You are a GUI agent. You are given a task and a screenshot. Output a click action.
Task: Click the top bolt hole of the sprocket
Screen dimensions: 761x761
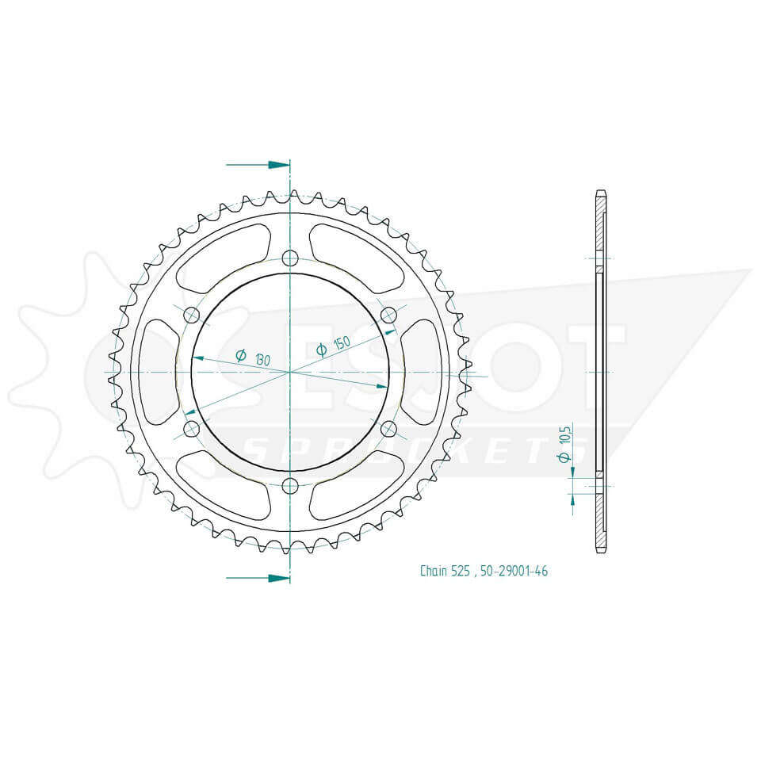290,258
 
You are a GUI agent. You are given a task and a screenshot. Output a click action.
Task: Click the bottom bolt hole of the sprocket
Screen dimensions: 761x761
290,485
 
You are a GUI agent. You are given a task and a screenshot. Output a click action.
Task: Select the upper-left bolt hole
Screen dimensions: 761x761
191,315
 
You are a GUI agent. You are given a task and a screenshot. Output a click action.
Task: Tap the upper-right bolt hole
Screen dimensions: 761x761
388,315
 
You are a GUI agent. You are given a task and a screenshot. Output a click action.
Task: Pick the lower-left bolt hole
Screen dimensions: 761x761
191,429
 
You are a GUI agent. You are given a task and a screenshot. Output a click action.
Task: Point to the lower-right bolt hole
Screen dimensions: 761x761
388,429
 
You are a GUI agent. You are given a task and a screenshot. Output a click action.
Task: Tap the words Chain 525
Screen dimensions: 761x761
445,571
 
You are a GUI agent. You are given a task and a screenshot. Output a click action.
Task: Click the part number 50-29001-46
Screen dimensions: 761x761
513,571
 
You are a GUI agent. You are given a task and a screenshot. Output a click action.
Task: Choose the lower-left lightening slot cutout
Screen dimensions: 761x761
222,486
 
